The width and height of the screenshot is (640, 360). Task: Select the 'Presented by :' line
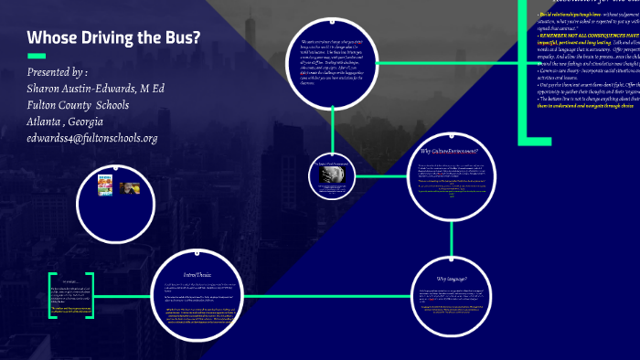click(58, 72)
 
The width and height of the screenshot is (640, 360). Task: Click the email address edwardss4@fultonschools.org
click(93, 138)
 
